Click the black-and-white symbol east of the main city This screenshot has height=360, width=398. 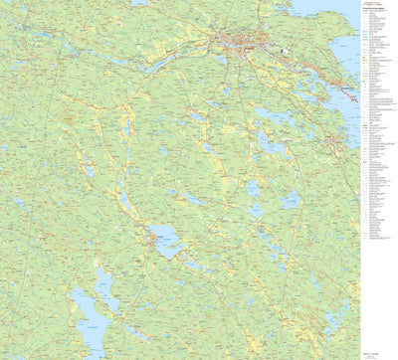283,47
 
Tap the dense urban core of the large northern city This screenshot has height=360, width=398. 242,43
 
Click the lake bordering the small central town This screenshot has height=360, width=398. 166,242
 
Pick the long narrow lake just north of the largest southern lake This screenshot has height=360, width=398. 102,287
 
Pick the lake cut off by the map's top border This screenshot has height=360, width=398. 139,3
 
